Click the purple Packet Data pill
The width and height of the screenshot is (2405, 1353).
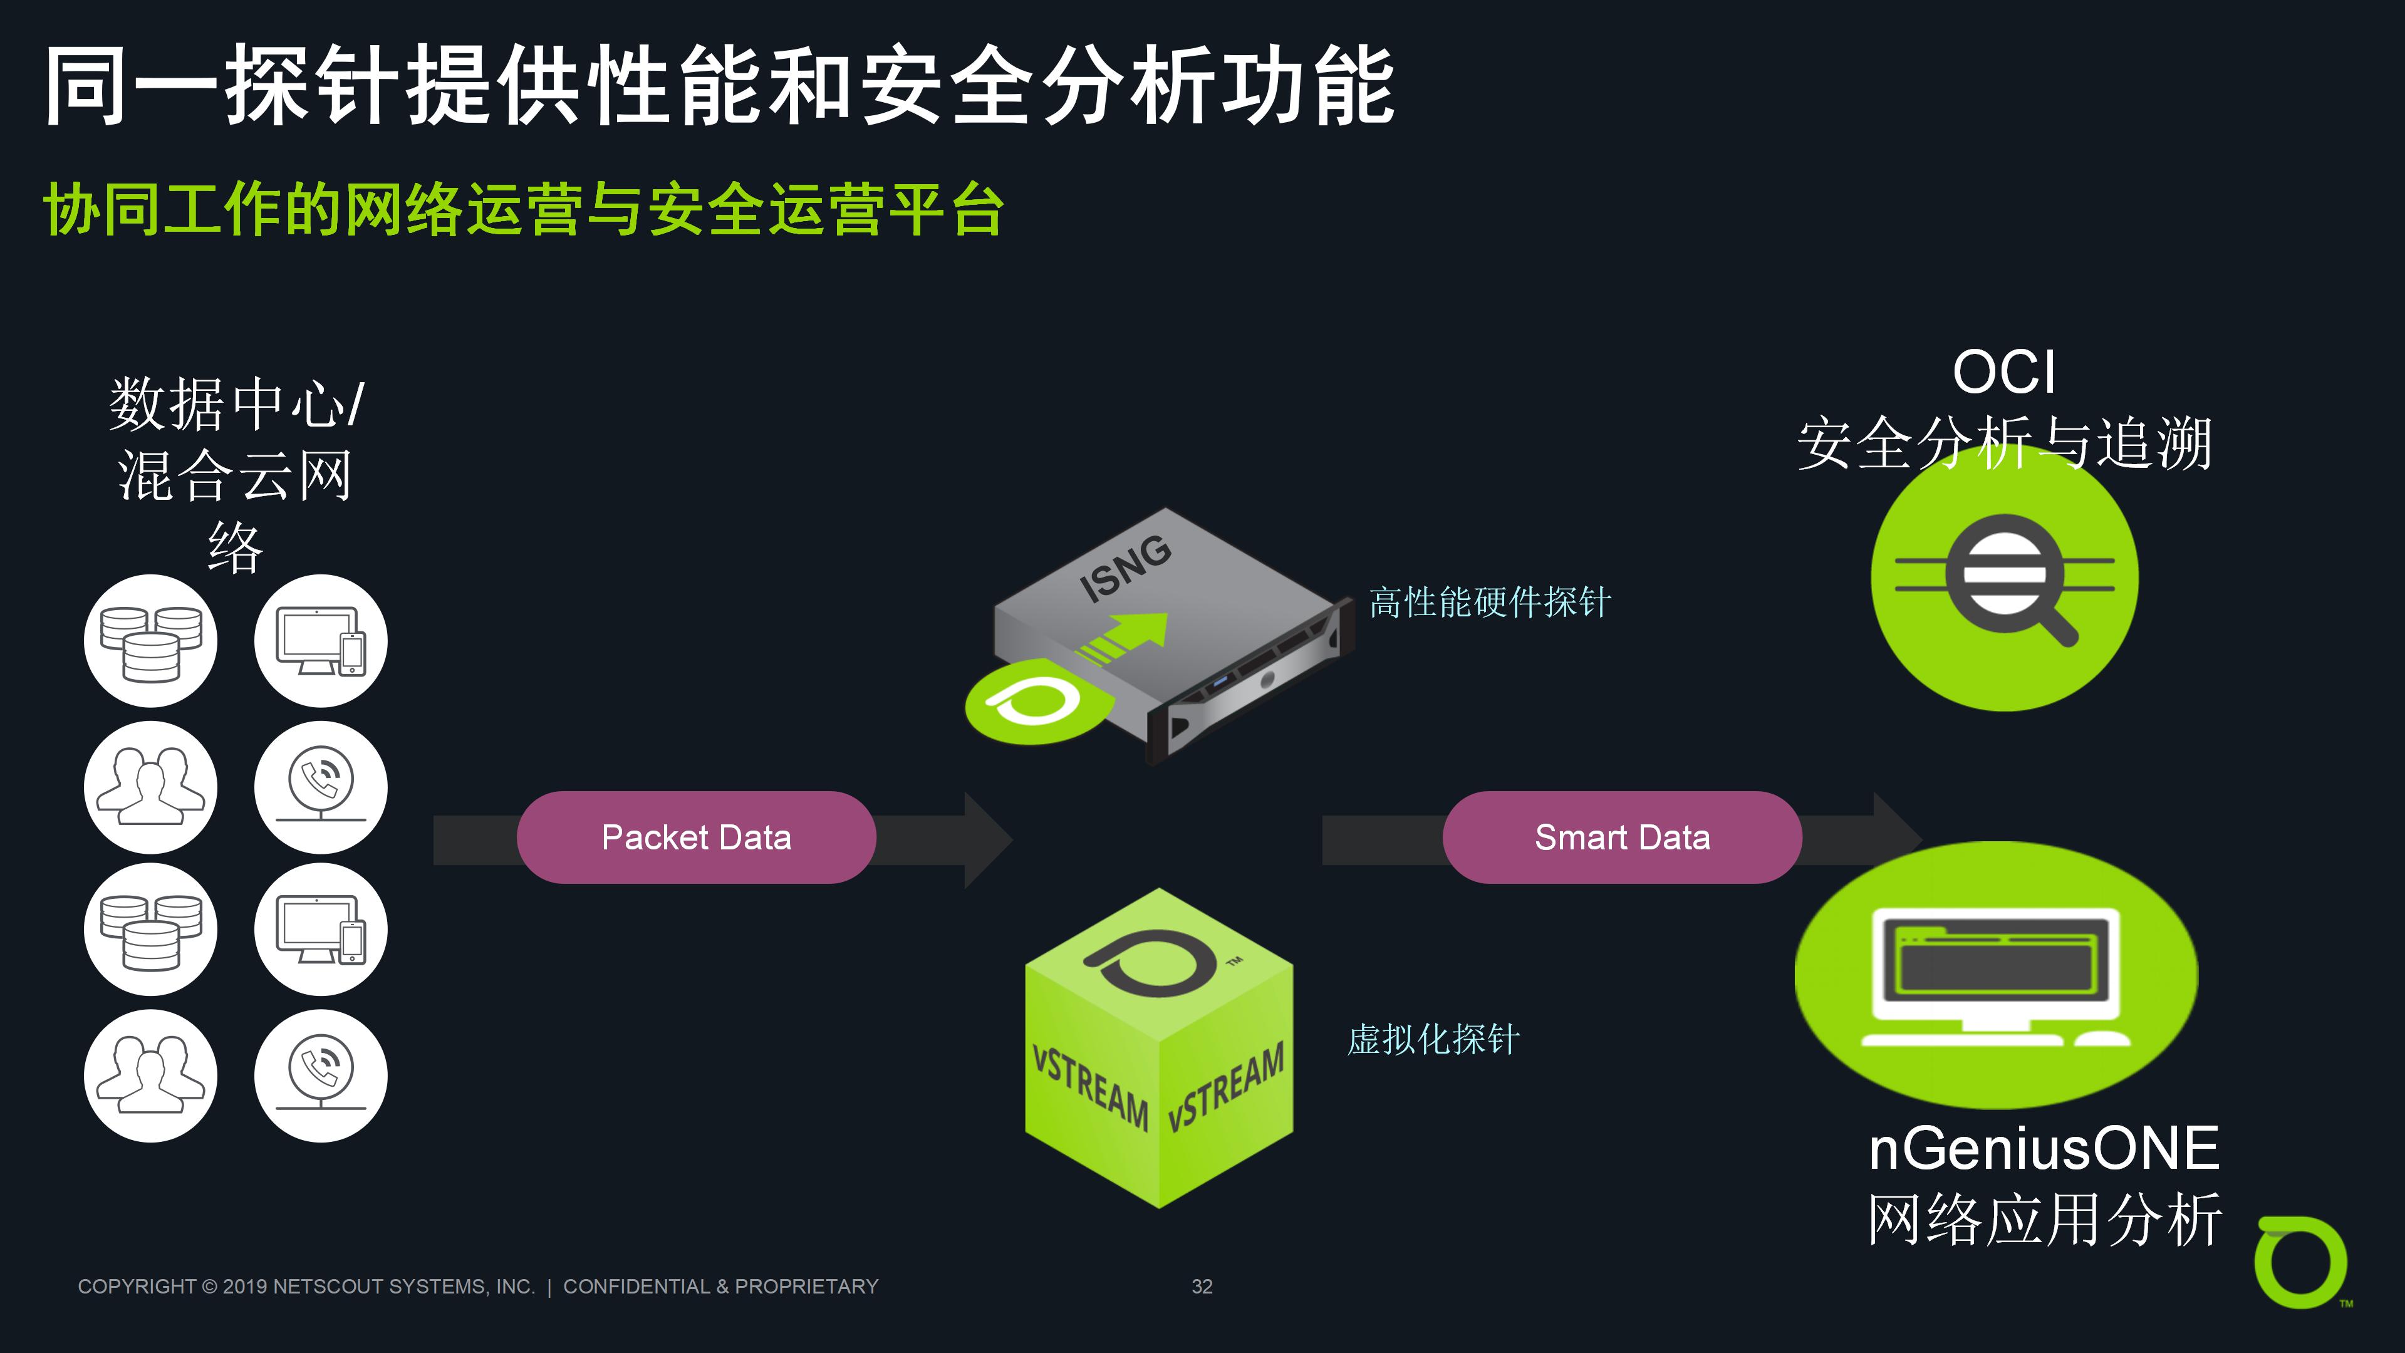(x=697, y=837)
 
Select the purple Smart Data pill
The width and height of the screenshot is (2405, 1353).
(x=1622, y=837)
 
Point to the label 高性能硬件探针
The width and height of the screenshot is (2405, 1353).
(x=1490, y=602)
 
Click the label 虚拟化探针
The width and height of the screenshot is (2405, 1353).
(x=1433, y=1039)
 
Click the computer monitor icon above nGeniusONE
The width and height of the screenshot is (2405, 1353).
(x=1996, y=977)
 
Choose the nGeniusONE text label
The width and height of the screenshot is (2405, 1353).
(x=2044, y=1149)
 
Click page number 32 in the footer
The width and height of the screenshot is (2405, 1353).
(x=1202, y=1287)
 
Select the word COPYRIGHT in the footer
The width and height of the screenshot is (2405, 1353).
(x=137, y=1287)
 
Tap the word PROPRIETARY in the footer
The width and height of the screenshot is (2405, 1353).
(x=807, y=1287)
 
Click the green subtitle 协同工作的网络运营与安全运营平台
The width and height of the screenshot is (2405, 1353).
(x=524, y=209)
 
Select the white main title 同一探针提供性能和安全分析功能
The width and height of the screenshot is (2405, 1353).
(x=720, y=86)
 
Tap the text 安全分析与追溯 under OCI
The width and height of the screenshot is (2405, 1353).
(x=2005, y=443)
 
